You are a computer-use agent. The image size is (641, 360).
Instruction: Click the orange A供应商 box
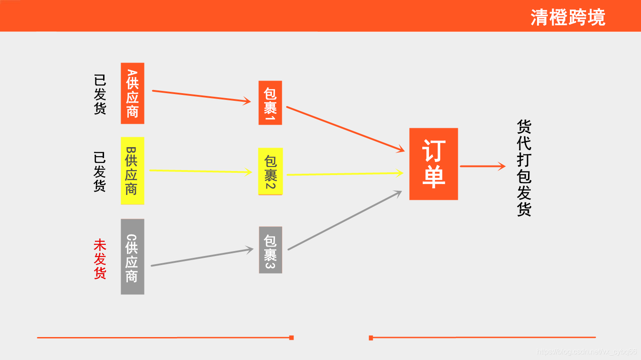click(x=132, y=93)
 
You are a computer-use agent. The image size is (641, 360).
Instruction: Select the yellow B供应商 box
click(x=132, y=171)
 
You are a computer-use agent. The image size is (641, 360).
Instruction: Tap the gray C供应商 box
click(x=132, y=256)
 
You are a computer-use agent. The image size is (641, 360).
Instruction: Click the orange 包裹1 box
click(x=270, y=103)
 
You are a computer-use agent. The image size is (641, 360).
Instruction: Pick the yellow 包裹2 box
click(x=271, y=171)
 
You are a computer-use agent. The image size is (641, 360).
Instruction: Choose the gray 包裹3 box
click(x=271, y=250)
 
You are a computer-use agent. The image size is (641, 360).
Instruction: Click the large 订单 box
click(x=433, y=164)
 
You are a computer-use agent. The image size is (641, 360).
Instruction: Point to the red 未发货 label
click(x=99, y=259)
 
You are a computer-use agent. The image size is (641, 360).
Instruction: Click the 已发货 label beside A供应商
click(x=99, y=94)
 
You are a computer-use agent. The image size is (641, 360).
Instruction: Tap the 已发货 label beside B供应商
click(x=99, y=171)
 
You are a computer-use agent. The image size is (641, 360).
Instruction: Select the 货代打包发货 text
click(x=524, y=168)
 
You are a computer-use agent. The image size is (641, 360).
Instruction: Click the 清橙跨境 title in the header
click(x=568, y=17)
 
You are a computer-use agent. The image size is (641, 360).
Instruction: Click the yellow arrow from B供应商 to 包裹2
click(x=200, y=171)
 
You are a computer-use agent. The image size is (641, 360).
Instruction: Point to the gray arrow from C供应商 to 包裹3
click(x=202, y=257)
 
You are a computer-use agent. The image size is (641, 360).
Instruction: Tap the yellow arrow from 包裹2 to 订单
click(x=344, y=174)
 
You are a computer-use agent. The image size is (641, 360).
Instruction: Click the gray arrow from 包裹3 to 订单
click(x=344, y=220)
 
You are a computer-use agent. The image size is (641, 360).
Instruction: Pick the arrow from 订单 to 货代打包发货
click(x=483, y=166)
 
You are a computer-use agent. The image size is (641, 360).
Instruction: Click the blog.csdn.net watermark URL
click(x=587, y=351)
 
